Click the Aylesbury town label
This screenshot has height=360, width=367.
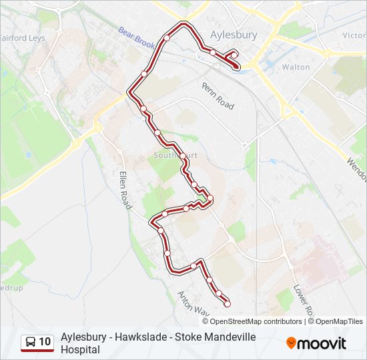(x=234, y=35)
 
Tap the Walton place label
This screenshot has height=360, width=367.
(x=296, y=67)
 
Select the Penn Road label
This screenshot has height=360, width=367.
(x=218, y=97)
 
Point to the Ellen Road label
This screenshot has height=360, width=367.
(x=125, y=191)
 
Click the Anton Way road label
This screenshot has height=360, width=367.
(x=194, y=303)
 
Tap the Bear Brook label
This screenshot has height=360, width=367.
(x=137, y=39)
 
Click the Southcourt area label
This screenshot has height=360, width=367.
(x=175, y=155)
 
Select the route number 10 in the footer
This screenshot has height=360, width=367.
(x=45, y=343)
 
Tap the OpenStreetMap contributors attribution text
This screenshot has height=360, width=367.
(x=256, y=321)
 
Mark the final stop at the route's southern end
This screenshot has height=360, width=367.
(x=228, y=304)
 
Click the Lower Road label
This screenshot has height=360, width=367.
(x=303, y=300)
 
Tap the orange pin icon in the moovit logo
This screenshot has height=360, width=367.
(x=291, y=343)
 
